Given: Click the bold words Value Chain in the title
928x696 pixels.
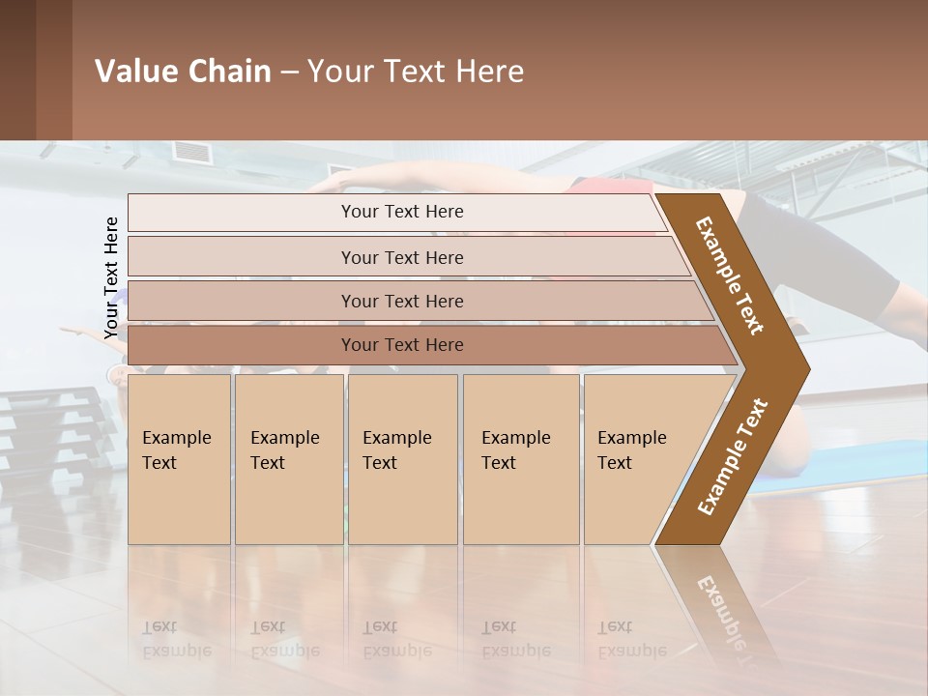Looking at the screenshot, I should click(x=183, y=72).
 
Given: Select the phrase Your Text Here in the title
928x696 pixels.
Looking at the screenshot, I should click(x=416, y=72).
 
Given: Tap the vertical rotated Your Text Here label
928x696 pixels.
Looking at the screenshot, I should click(x=111, y=277).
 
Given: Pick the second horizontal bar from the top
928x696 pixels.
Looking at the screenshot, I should click(x=401, y=257).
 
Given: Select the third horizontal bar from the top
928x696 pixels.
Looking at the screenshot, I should click(x=401, y=301).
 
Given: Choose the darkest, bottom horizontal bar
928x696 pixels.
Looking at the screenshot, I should click(x=401, y=345).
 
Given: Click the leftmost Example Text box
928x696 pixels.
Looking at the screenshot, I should click(x=179, y=459).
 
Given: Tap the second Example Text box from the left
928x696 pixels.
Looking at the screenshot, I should click(x=288, y=459).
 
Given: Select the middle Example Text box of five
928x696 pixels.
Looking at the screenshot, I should click(x=402, y=459).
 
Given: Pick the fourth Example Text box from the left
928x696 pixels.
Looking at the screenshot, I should click(x=520, y=459).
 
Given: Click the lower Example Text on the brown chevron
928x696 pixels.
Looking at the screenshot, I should click(x=733, y=456).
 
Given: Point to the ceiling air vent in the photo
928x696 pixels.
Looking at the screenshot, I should click(x=191, y=152).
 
